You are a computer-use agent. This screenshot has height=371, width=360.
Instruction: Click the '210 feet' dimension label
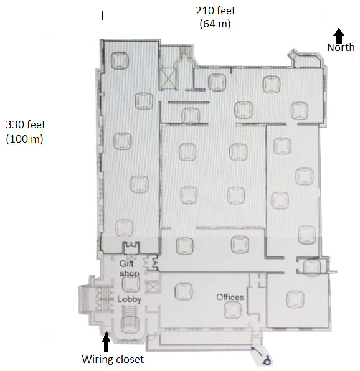click(214, 10)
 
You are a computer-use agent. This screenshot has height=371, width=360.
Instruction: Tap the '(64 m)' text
click(214, 24)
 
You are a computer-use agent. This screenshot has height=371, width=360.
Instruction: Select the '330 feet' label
click(24, 124)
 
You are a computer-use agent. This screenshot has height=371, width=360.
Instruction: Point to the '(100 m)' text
click(24, 139)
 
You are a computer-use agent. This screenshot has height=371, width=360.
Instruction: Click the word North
click(341, 47)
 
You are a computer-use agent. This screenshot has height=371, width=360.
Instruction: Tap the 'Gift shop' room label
click(131, 268)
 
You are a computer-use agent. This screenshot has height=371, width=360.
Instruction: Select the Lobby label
click(130, 299)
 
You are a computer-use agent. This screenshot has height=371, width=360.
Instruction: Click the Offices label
click(230, 297)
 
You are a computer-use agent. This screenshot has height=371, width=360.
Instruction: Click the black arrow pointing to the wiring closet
click(106, 341)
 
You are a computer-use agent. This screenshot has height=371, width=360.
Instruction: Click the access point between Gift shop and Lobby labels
click(130, 284)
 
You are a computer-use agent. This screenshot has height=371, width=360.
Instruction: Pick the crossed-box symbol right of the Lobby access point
click(150, 288)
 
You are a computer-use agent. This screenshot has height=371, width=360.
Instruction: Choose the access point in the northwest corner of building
click(118, 60)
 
